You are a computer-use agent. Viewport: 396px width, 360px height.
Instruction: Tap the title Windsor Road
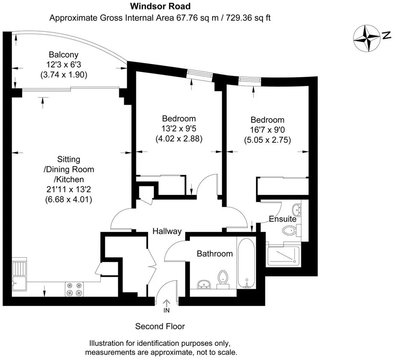(x=160, y=6)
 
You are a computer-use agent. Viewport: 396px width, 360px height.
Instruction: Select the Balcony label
(x=64, y=55)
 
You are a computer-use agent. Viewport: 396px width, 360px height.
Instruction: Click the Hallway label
(x=167, y=231)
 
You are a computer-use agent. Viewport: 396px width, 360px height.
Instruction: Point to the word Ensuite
(x=282, y=219)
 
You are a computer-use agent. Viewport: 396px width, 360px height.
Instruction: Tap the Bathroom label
(x=215, y=254)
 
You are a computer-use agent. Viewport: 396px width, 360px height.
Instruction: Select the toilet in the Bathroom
(x=222, y=278)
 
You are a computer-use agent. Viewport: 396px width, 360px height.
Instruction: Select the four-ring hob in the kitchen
(x=74, y=289)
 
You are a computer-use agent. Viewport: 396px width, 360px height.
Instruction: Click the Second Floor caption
(x=160, y=327)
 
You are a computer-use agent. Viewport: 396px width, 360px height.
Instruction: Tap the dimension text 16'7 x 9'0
(x=267, y=130)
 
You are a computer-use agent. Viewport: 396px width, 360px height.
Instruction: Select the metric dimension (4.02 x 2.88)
(x=179, y=139)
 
